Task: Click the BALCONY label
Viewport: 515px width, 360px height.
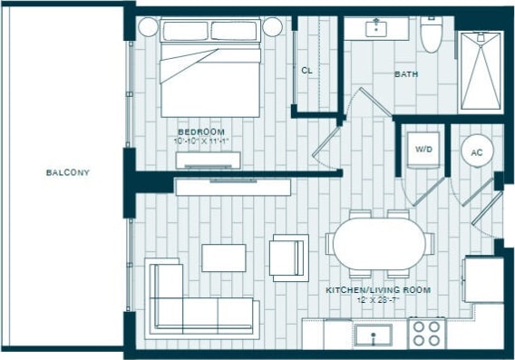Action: (x=68, y=171)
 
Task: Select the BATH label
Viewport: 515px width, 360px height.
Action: (x=405, y=74)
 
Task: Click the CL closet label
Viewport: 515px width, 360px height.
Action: (x=307, y=70)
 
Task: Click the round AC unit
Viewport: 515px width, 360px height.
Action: (x=477, y=152)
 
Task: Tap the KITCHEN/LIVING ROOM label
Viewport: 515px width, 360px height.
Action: (x=377, y=290)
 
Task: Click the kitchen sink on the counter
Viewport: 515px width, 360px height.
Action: (x=372, y=336)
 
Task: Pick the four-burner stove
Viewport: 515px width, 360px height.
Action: (x=426, y=333)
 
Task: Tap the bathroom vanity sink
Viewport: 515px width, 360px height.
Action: (x=378, y=28)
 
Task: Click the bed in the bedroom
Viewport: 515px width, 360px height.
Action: (x=211, y=68)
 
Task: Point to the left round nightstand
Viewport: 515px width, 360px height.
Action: (x=147, y=26)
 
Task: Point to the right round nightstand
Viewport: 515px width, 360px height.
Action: (x=273, y=27)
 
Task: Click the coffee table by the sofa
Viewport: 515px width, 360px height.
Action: (x=224, y=258)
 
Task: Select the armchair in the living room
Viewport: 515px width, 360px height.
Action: (x=289, y=257)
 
